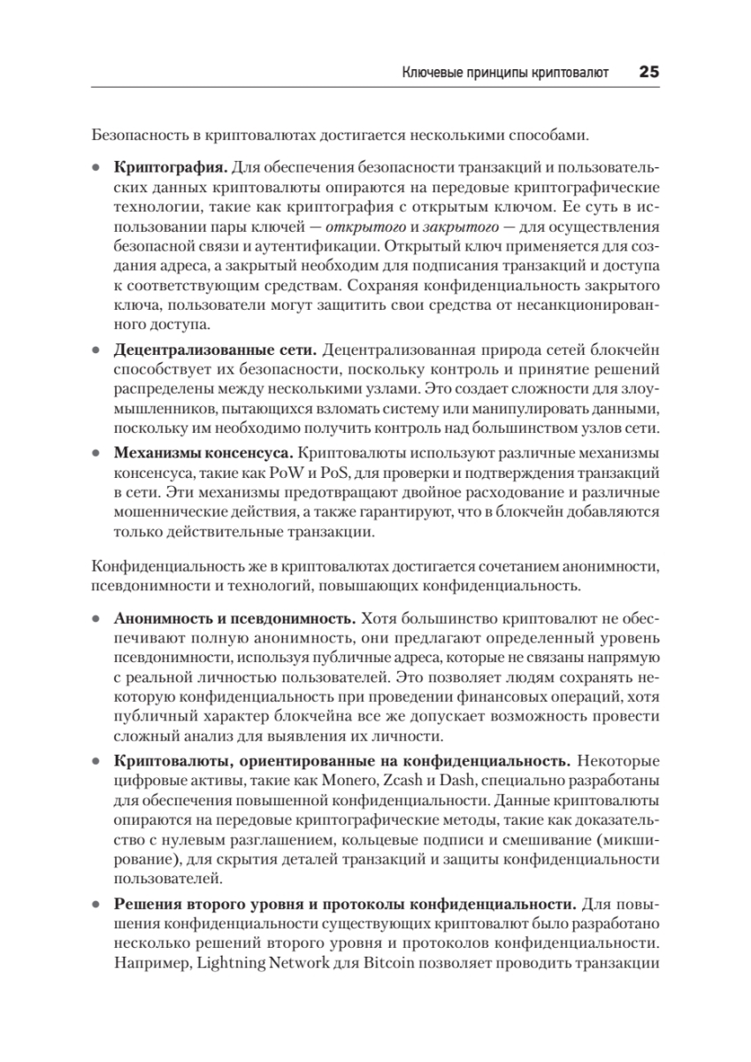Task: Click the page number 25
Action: [648, 73]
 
